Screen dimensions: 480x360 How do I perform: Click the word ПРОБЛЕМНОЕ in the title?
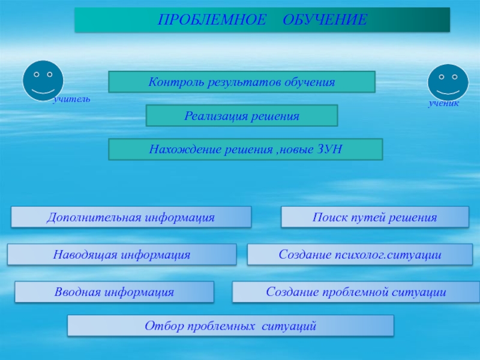(212, 20)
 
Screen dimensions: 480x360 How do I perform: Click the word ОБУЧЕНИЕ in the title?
(325, 20)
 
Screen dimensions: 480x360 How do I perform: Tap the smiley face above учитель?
(43, 80)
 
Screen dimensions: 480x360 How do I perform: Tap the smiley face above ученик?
(448, 82)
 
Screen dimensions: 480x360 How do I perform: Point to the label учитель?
(72, 99)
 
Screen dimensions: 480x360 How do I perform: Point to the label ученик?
(443, 103)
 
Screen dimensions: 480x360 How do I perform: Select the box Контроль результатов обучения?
(242, 82)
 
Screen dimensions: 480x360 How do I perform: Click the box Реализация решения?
(242, 115)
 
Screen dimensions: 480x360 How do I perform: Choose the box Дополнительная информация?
(131, 217)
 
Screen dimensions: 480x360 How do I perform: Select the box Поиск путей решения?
(375, 217)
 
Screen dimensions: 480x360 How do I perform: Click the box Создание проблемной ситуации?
(356, 292)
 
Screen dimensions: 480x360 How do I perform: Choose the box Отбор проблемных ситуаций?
(230, 326)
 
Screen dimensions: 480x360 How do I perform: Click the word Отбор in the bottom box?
(164, 326)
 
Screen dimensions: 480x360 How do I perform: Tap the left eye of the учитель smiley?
(37, 74)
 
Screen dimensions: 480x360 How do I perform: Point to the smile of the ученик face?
(448, 92)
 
